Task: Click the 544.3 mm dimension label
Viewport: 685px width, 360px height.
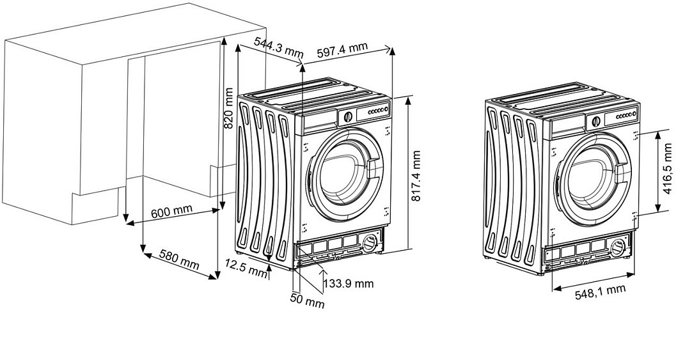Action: click(x=278, y=46)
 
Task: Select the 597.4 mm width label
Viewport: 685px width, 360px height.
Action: click(x=342, y=50)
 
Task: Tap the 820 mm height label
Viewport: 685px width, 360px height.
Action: click(x=228, y=107)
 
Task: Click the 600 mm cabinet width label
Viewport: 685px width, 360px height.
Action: click(x=171, y=212)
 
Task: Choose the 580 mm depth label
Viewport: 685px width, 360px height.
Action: click(x=178, y=260)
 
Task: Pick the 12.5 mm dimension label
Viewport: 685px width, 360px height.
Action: click(x=246, y=267)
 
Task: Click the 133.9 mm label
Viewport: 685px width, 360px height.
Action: click(x=349, y=283)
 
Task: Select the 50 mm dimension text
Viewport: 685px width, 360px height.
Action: click(x=307, y=301)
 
